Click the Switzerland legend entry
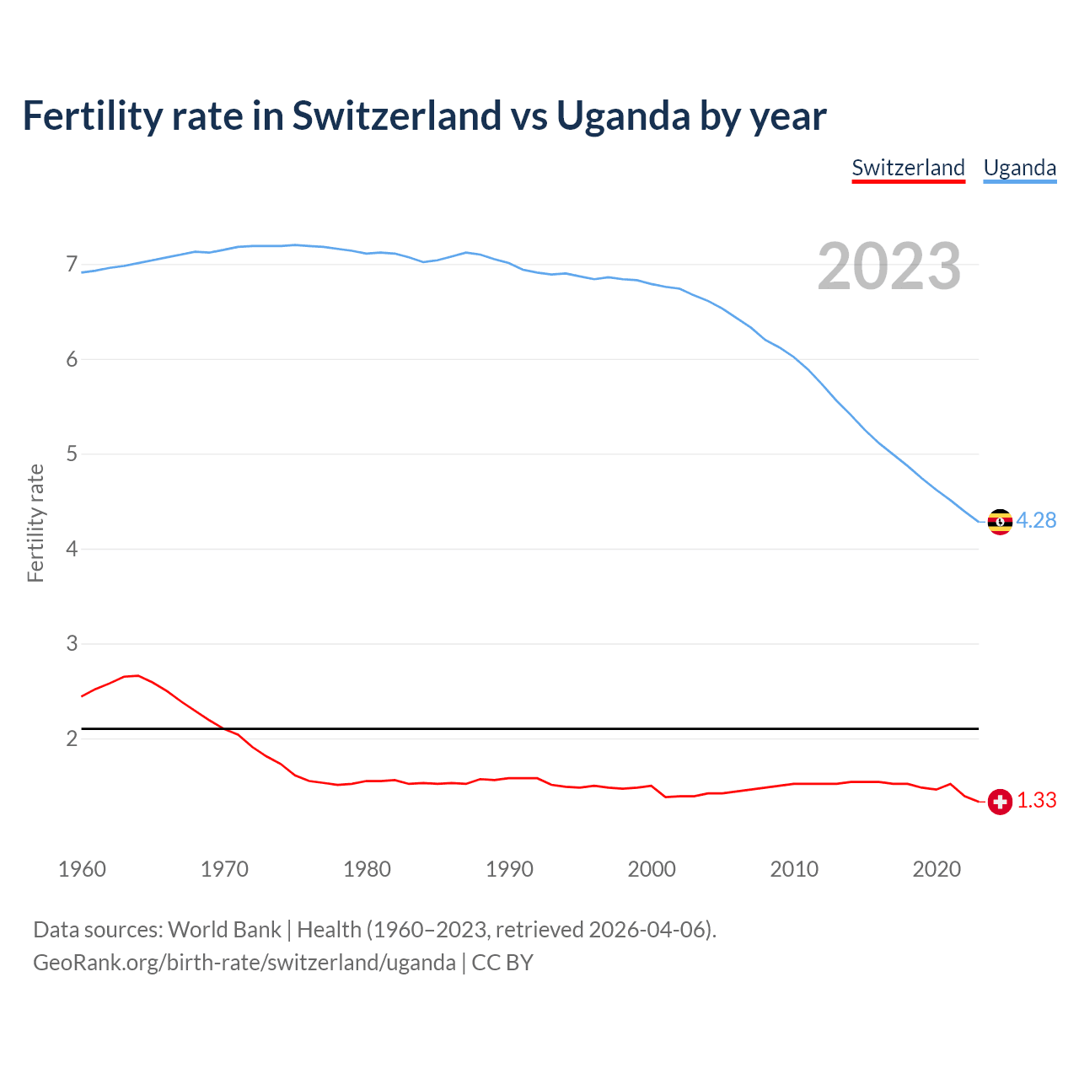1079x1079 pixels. point(908,168)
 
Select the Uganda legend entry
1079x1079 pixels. point(1020,168)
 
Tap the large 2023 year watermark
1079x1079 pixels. point(889,266)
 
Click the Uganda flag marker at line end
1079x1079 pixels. point(1000,522)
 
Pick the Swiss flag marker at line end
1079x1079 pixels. point(1000,802)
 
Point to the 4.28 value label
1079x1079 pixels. point(1036,521)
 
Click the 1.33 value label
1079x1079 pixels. point(1036,801)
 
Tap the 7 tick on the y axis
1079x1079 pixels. point(72,265)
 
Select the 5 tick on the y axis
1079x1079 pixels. point(72,454)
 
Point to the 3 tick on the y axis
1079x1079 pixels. point(72,644)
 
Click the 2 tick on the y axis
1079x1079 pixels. point(72,739)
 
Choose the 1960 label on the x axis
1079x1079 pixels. point(82,869)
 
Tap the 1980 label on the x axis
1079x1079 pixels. point(367,869)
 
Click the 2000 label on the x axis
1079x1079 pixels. point(652,869)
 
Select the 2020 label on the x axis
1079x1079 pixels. point(937,869)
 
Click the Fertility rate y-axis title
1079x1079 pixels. point(35,523)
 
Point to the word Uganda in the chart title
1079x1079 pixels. point(623,115)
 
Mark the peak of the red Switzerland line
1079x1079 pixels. point(137,675)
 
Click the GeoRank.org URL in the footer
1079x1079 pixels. point(244,963)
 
